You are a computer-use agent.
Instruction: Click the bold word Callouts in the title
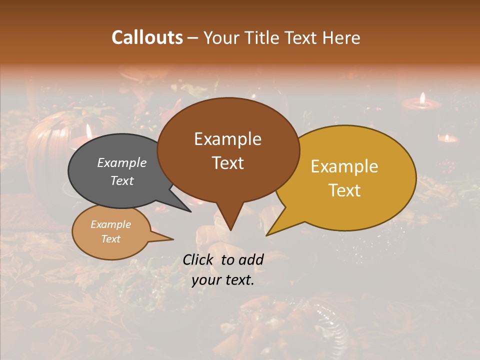(147, 37)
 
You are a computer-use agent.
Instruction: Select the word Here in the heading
(341, 37)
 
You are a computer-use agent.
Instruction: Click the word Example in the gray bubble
(122, 162)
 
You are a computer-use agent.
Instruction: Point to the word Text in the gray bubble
(122, 180)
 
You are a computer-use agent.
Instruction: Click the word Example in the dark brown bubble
(227, 139)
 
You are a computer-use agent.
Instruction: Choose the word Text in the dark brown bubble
(227, 163)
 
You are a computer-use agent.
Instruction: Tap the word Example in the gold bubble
(344, 166)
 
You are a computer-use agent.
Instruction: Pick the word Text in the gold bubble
(344, 190)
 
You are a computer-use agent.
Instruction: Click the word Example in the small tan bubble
(110, 224)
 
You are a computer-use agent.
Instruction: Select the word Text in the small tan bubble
(110, 239)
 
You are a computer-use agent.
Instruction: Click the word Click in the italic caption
(198, 259)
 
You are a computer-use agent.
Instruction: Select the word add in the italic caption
(251, 259)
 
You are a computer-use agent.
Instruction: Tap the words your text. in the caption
(223, 280)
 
